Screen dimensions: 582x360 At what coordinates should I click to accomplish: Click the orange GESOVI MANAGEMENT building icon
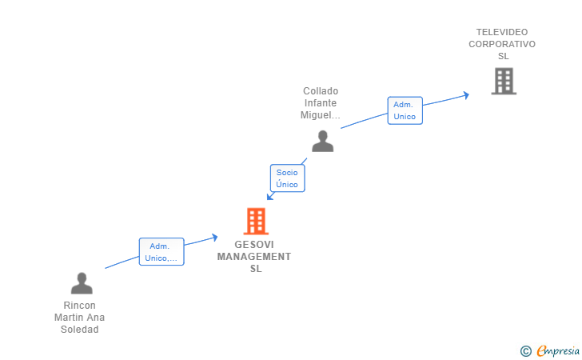pos(256,221)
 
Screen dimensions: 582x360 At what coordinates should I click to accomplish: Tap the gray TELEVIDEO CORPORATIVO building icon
pos(504,81)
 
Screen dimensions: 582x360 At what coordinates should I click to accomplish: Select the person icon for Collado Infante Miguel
pos(322,141)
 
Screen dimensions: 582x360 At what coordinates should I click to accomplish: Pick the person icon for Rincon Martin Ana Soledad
pos(82,283)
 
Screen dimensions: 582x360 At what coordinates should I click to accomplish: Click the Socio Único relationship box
pos(287,178)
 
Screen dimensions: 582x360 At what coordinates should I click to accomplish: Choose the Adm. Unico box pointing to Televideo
pos(405,110)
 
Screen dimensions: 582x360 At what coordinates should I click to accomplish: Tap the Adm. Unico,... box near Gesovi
pos(161,251)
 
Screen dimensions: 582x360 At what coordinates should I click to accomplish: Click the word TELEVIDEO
pos(502,32)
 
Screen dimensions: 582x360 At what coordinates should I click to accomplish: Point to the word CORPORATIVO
pos(502,44)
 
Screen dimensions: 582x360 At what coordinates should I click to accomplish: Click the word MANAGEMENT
pos(254,257)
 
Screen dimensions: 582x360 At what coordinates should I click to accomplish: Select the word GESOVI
pos(254,245)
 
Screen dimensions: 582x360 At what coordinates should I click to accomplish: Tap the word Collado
pos(321,91)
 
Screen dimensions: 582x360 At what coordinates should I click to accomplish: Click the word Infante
pos(321,103)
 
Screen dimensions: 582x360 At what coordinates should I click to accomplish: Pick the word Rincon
pos(79,306)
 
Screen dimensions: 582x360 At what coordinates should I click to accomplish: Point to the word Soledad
pos(79,330)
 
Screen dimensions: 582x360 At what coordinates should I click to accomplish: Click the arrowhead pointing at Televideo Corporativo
pos(466,95)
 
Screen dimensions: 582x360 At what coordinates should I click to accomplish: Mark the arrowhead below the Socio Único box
pos(270,197)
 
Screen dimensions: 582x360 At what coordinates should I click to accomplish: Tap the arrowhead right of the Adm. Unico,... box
pos(214,237)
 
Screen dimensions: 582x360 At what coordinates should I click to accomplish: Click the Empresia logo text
pos(558,350)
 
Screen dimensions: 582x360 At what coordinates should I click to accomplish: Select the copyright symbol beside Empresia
pos(525,351)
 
